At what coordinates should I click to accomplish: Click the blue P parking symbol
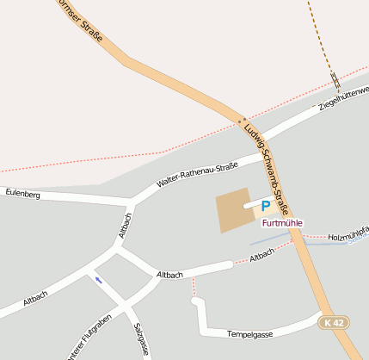[x=266, y=207]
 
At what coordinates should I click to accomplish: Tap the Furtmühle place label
[x=282, y=222]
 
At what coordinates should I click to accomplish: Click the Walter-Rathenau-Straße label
[x=197, y=175]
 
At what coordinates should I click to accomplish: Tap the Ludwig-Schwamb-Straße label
[x=269, y=169]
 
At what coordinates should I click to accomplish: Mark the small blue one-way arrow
[x=98, y=280]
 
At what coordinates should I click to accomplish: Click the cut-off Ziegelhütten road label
[x=343, y=97]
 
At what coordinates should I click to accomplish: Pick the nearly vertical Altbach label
[x=125, y=225]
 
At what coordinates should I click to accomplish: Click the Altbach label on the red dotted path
[x=261, y=255]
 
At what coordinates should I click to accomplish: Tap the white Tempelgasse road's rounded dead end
[x=196, y=301]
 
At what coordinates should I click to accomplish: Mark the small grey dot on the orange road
[x=243, y=120]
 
